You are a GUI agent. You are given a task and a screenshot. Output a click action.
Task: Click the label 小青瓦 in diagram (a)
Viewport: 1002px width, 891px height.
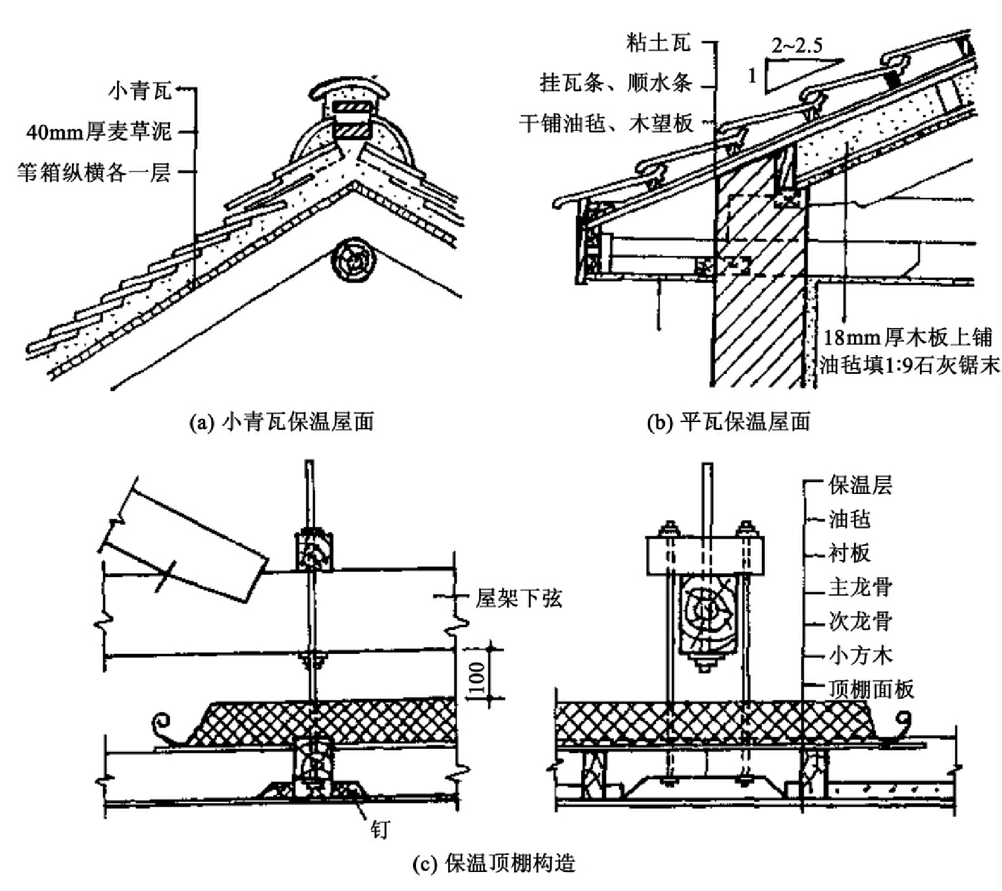(140, 91)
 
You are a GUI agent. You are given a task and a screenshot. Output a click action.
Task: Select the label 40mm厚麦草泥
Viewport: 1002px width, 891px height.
(99, 131)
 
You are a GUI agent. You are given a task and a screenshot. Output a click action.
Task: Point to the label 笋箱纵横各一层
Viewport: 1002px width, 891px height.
(94, 172)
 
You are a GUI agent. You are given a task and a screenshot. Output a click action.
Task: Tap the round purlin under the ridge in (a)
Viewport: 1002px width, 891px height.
(355, 260)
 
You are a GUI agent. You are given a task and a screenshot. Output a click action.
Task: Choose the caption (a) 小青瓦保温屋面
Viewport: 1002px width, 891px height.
(281, 422)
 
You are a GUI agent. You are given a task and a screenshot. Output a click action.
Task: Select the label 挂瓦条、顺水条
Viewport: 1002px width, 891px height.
(616, 83)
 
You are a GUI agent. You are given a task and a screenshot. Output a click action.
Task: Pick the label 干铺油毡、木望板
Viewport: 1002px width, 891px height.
(606, 124)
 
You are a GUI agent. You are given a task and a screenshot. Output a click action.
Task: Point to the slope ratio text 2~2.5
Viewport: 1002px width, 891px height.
(797, 46)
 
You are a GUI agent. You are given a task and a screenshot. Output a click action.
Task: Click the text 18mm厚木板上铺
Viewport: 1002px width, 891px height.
(908, 337)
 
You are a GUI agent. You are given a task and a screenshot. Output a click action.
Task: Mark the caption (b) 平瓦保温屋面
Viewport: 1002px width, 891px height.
(728, 422)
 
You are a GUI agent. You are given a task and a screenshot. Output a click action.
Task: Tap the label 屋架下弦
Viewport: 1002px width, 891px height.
(518, 598)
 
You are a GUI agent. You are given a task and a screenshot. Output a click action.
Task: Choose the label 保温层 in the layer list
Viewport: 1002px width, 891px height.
(860, 486)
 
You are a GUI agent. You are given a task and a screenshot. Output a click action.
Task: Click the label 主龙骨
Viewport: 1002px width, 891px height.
(860, 588)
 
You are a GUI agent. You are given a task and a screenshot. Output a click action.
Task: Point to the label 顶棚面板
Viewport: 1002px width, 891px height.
(871, 689)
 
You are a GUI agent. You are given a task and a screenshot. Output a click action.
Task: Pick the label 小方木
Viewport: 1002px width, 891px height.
(860, 656)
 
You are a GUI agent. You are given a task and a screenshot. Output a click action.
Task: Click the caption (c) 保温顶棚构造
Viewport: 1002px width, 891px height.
(494, 862)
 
